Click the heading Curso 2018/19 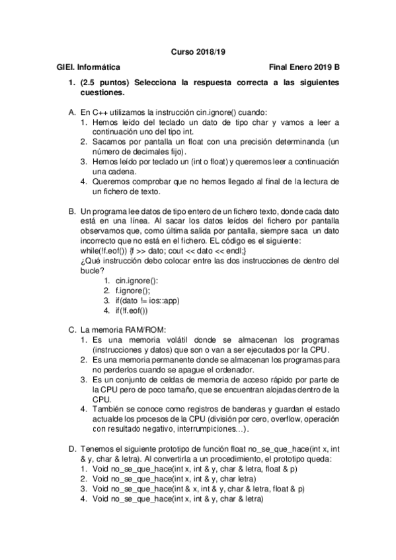[198, 51]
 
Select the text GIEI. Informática [89, 67]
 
